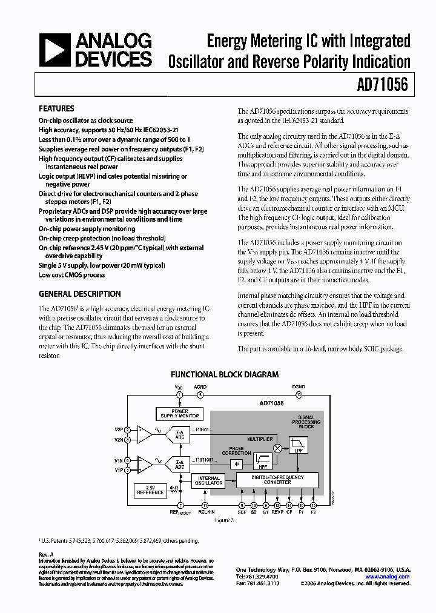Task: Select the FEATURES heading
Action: click(x=56, y=108)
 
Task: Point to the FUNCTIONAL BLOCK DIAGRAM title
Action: click(x=225, y=374)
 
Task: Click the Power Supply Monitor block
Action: click(x=179, y=414)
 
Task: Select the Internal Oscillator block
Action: click(x=208, y=482)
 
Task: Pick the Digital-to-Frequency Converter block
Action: click(x=277, y=479)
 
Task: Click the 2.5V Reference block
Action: click(x=150, y=490)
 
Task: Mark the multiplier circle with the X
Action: click(x=278, y=448)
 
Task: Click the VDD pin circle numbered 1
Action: click(x=179, y=394)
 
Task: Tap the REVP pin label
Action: click(x=277, y=512)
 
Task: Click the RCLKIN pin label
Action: click(x=205, y=512)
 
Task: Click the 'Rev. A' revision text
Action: click(x=47, y=554)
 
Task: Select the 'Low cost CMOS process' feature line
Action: click(x=71, y=275)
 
